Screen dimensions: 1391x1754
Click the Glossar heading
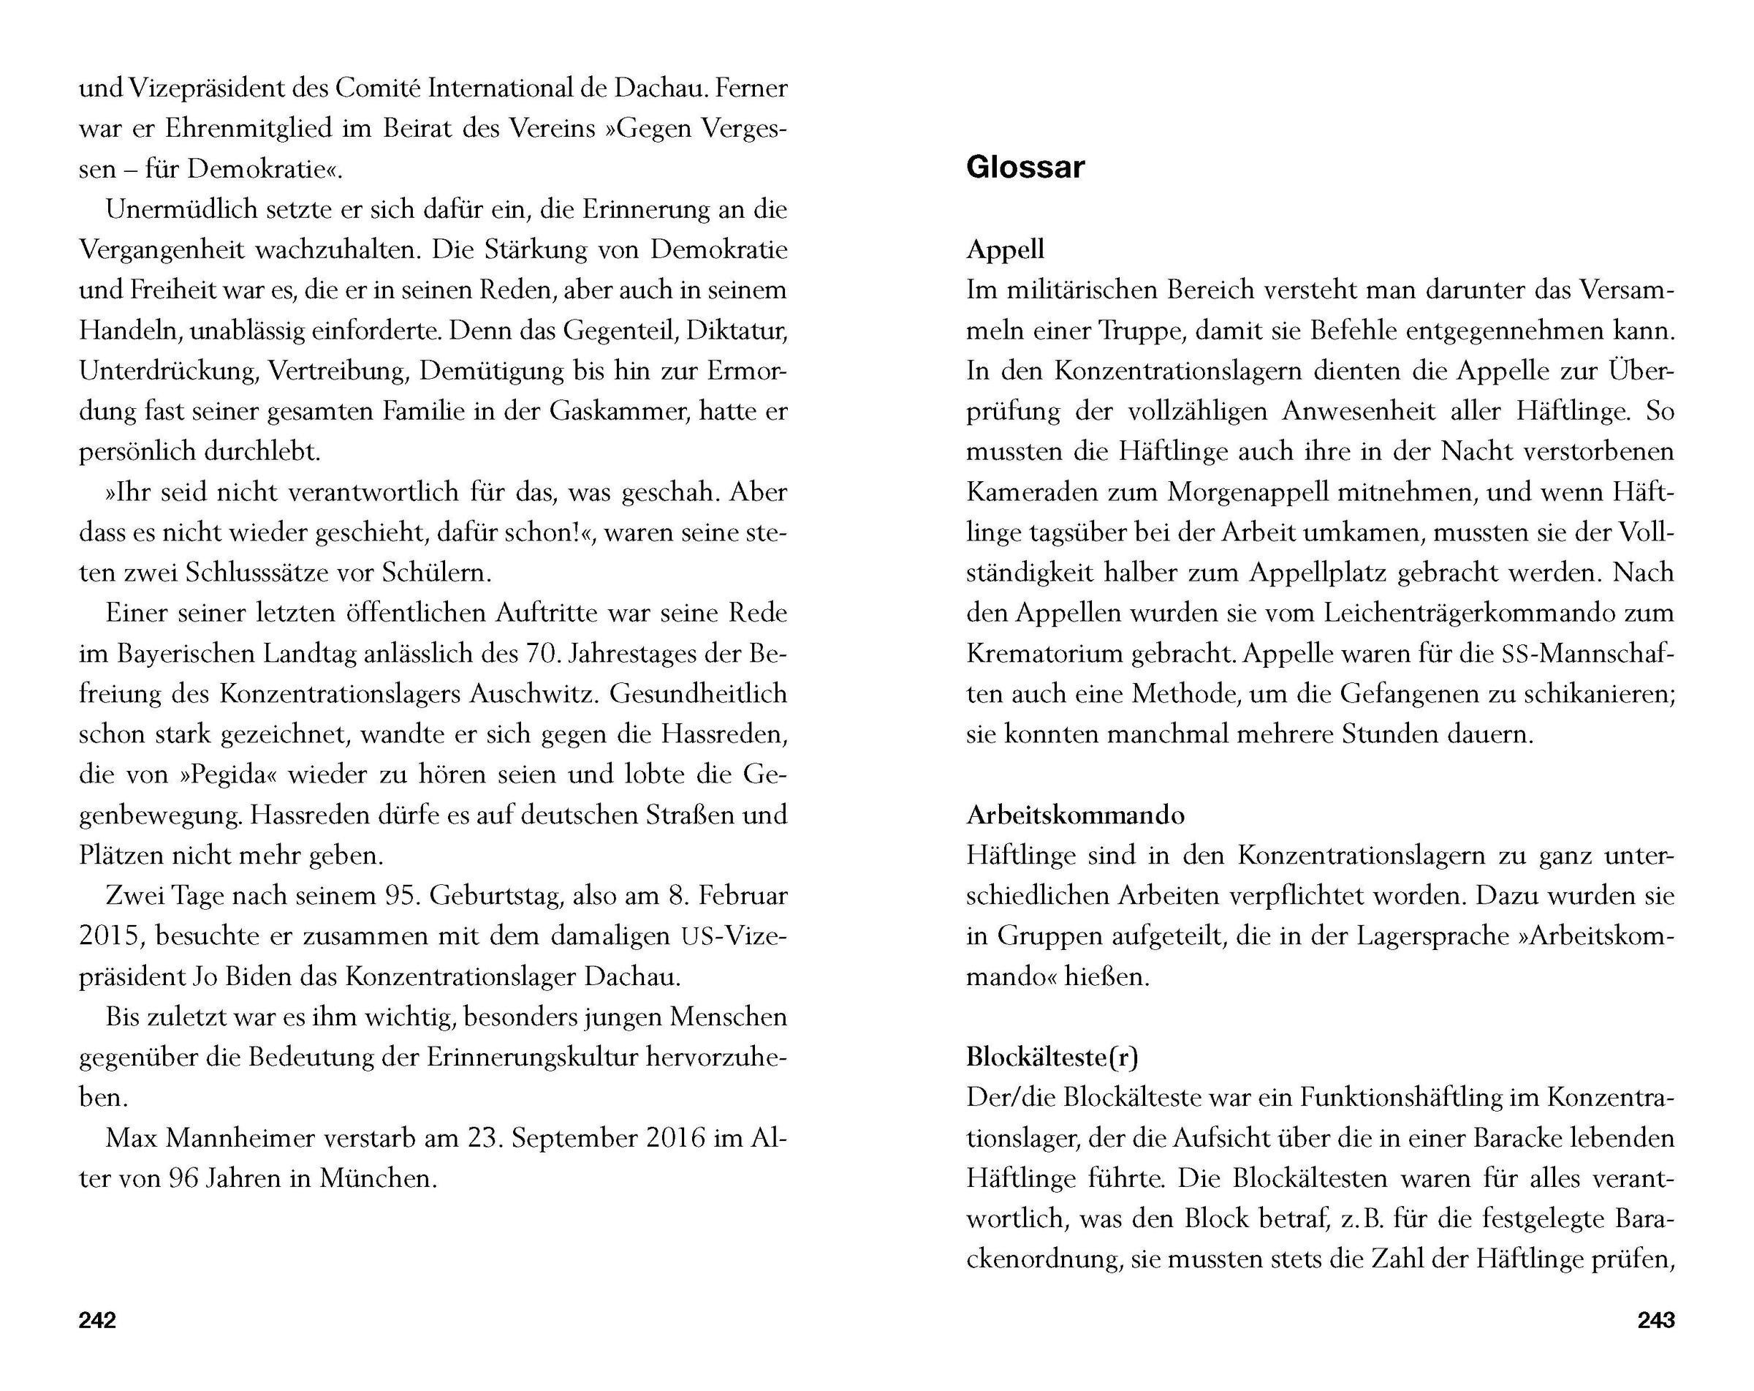[x=1025, y=167]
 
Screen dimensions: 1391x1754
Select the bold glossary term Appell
[x=1005, y=249]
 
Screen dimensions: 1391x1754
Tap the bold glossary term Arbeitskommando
[x=1075, y=815]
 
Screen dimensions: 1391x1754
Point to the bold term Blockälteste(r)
[x=1052, y=1057]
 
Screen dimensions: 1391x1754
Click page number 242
[x=98, y=1320]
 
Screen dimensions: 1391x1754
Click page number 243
[x=1655, y=1320]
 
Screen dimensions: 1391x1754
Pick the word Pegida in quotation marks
[x=231, y=774]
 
